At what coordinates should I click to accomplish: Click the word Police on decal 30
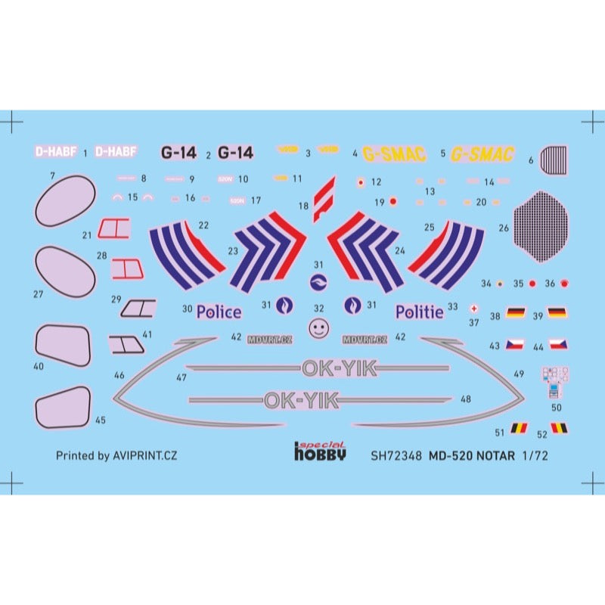(219, 312)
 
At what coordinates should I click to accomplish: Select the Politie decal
(419, 311)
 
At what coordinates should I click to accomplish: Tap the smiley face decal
(319, 328)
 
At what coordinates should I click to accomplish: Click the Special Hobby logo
(320, 451)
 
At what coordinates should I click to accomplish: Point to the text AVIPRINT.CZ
(144, 455)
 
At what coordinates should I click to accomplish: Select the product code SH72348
(396, 456)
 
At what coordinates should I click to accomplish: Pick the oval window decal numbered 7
(66, 200)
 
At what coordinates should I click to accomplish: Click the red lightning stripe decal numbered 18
(324, 198)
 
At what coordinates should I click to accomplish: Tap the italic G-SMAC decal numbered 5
(482, 154)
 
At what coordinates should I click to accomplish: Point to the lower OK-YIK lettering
(301, 400)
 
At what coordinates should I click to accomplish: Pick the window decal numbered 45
(63, 408)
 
